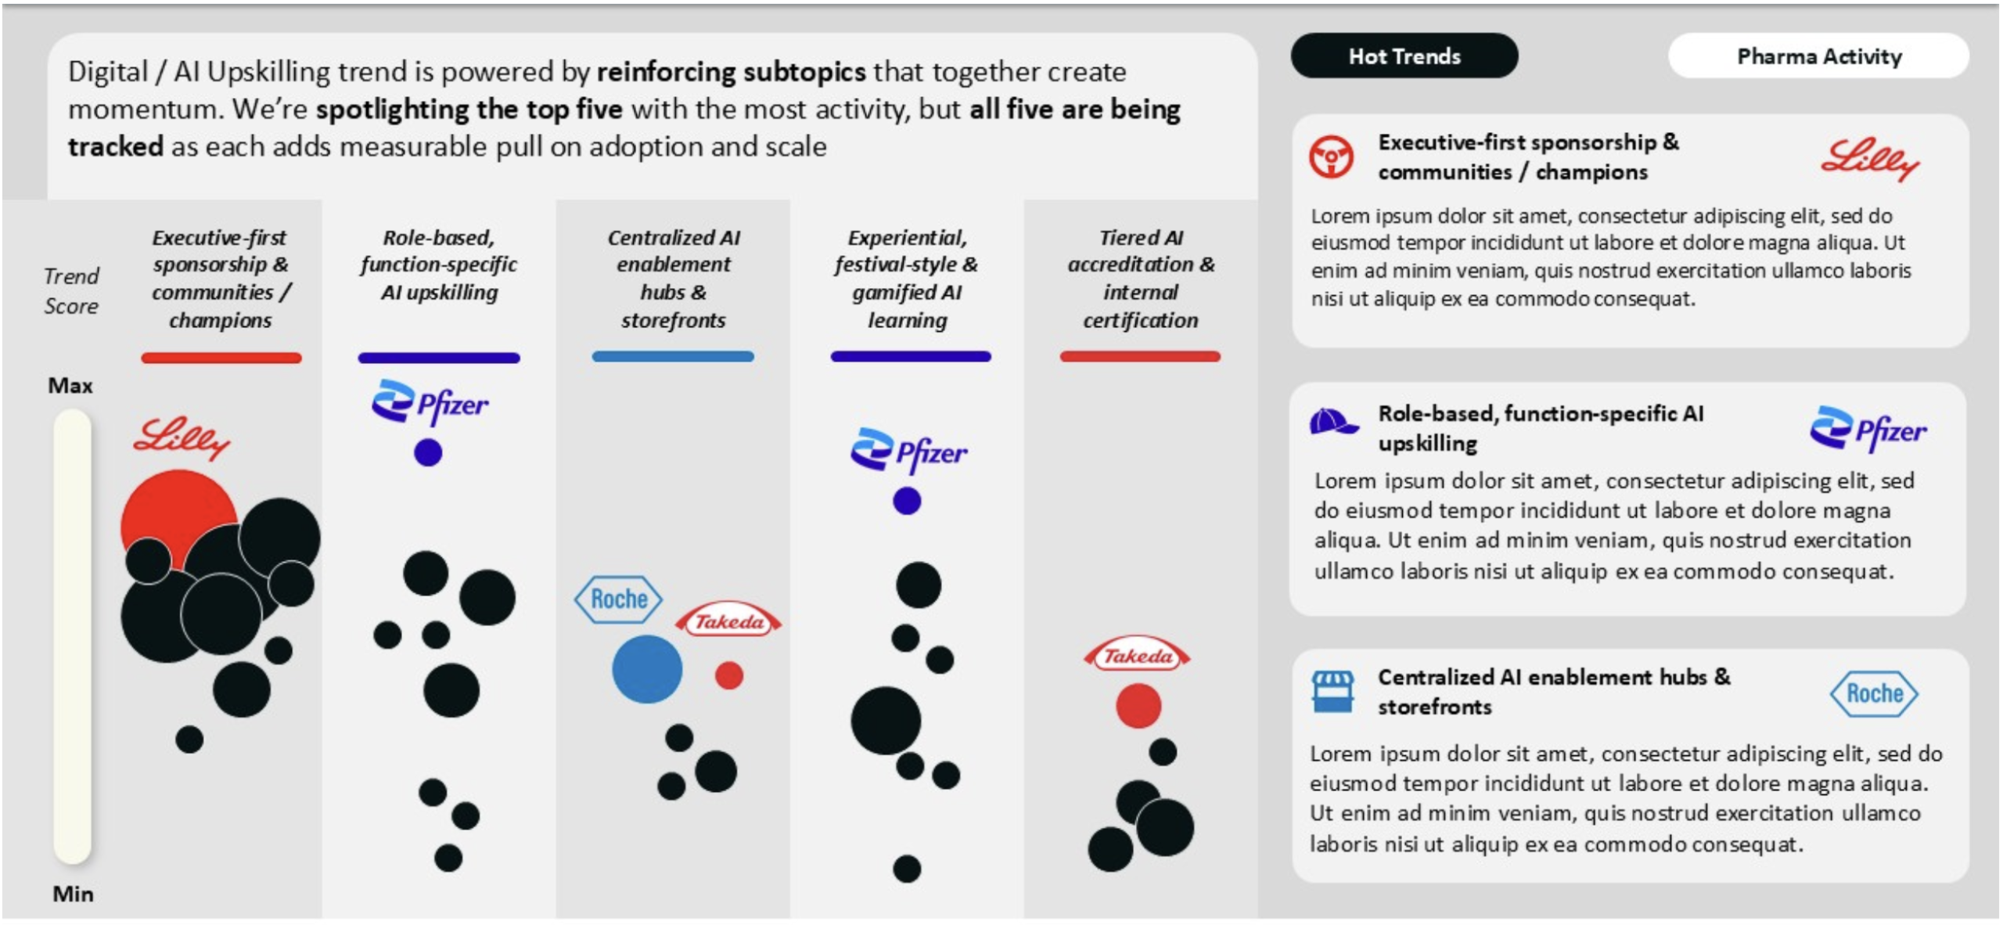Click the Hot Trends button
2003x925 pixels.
coord(1404,56)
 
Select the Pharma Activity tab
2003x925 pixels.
coord(1818,56)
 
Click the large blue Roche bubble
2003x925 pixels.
coord(647,669)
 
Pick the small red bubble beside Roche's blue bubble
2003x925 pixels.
coord(728,675)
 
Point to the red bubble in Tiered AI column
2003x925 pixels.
coord(1138,705)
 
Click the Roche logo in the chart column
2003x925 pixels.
coord(618,599)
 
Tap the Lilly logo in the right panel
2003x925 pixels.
coord(1870,160)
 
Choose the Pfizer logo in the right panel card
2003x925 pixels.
coord(1868,429)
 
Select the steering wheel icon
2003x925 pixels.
coord(1331,157)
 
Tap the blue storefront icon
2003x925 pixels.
coord(1332,691)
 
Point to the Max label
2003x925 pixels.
coord(70,385)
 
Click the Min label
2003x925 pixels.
coord(73,894)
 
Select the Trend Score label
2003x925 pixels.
coord(71,290)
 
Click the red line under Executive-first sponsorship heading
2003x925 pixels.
coord(221,358)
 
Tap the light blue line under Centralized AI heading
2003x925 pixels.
coord(673,356)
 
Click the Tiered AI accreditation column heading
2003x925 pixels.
coord(1141,279)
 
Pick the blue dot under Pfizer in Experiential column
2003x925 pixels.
coord(907,501)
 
